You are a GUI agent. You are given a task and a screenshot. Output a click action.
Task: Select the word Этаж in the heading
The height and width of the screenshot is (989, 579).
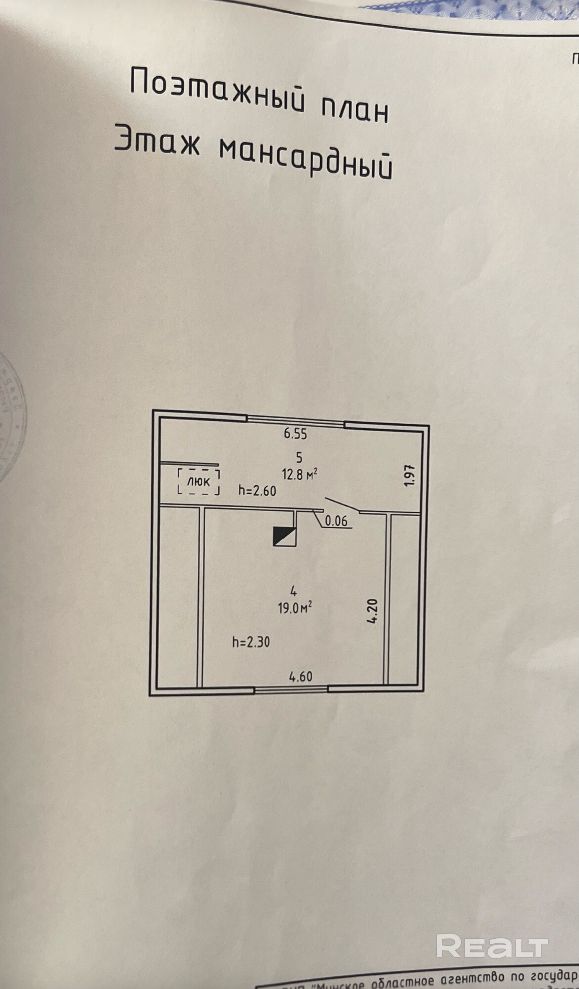click(157, 140)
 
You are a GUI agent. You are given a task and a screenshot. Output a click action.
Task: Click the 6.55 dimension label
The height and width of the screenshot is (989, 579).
click(295, 434)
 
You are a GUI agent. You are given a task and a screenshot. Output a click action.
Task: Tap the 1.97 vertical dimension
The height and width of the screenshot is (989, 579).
click(409, 476)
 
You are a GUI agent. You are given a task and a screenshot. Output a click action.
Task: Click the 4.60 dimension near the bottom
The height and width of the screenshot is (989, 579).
click(301, 676)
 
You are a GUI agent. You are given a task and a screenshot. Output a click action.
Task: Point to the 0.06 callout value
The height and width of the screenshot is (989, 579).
click(336, 521)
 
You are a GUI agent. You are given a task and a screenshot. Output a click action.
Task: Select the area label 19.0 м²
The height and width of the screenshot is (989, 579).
click(295, 607)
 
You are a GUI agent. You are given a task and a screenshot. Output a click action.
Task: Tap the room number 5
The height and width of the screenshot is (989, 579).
click(299, 457)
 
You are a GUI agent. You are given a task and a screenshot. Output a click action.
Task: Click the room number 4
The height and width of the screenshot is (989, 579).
click(294, 590)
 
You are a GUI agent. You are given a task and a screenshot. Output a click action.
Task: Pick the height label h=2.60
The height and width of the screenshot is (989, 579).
click(257, 491)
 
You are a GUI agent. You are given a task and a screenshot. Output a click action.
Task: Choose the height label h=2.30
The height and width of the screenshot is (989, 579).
click(251, 642)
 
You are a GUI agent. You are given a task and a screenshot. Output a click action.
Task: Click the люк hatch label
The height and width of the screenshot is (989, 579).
click(199, 481)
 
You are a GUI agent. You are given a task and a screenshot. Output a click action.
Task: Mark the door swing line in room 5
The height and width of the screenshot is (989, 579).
click(343, 505)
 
